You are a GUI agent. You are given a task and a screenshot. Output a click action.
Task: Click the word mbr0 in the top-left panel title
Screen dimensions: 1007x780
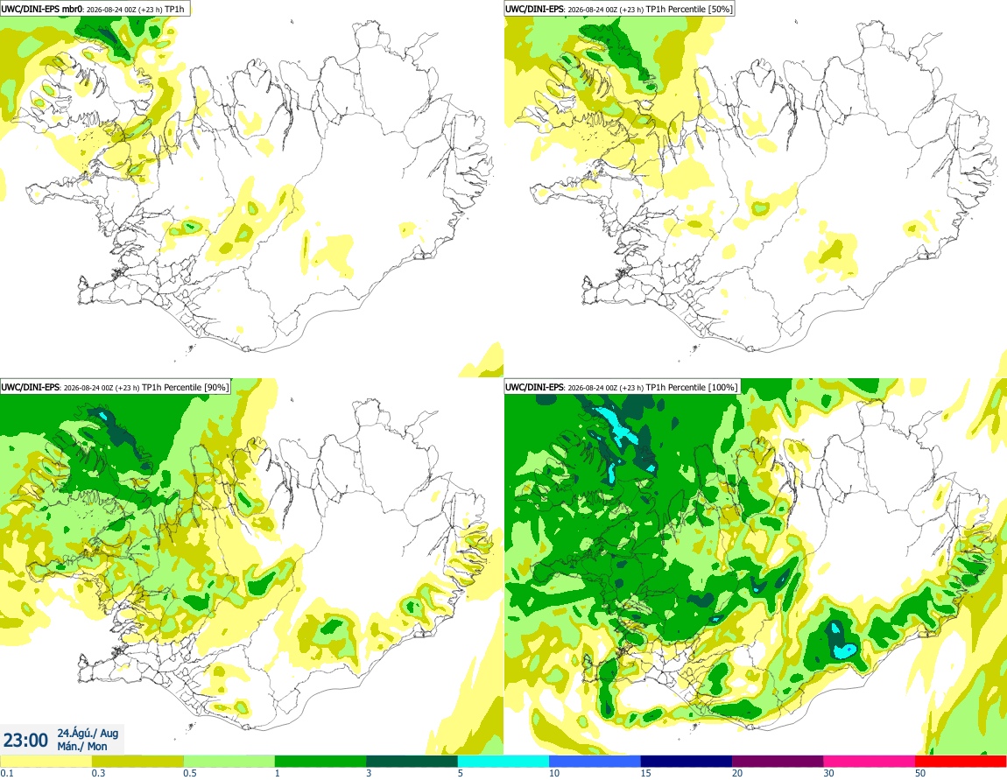coord(72,9)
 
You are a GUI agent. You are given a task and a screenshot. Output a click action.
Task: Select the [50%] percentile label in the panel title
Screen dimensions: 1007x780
coord(718,9)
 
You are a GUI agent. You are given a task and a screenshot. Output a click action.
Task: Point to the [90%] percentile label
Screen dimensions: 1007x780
coord(215,387)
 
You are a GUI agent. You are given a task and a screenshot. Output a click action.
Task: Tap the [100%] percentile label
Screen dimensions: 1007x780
coord(722,387)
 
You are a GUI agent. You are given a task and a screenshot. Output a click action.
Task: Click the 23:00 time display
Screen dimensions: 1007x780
coord(25,741)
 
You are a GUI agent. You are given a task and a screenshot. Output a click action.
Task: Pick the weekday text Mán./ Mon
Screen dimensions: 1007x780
coord(82,746)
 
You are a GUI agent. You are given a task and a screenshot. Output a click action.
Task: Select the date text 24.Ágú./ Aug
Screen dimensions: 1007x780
coord(88,733)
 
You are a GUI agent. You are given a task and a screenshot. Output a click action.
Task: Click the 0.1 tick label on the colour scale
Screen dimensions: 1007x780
coord(7,773)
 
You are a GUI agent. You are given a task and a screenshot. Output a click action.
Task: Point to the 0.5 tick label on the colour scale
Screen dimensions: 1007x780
coord(190,773)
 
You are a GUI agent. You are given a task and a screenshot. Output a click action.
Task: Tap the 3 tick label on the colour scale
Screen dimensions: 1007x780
coord(369,773)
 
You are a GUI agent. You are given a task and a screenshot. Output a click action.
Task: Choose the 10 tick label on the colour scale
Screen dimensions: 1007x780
coord(553,773)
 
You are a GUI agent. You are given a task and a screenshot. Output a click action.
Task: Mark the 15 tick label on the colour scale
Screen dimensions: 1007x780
coord(645,773)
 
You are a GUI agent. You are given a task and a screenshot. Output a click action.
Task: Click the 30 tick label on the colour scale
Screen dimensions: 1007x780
coord(828,773)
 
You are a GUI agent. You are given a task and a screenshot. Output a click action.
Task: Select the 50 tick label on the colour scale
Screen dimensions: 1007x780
coord(920,773)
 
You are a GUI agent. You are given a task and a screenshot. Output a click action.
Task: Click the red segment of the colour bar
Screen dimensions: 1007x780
coord(961,762)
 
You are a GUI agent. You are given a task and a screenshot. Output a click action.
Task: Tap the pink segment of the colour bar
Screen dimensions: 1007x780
coord(869,762)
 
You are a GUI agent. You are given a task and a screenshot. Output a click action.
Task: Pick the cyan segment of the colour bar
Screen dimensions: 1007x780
coord(503,762)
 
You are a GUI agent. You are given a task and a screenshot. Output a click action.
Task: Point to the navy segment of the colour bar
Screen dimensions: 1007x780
coord(686,762)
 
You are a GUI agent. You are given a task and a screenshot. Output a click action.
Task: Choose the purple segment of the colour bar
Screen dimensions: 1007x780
coord(778,762)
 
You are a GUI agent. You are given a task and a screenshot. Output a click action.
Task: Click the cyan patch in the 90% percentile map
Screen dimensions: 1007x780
coord(102,416)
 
